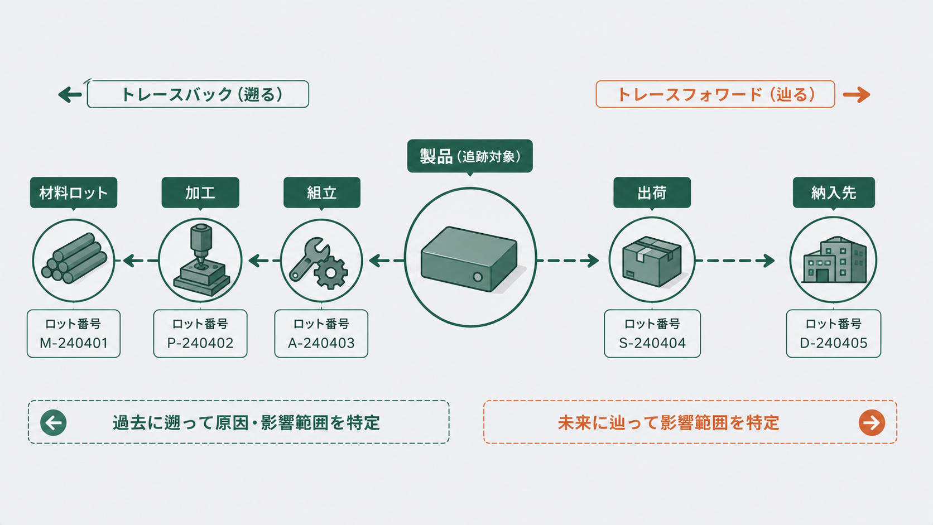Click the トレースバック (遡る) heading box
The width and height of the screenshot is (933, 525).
click(198, 94)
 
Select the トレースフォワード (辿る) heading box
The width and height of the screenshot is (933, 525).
click(715, 94)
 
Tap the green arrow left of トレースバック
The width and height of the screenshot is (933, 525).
click(70, 94)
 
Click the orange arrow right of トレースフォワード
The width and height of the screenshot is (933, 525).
click(857, 94)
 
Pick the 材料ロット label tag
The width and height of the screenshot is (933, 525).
click(73, 193)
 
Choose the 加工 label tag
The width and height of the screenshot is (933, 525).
click(200, 193)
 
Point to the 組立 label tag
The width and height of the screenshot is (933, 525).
click(321, 193)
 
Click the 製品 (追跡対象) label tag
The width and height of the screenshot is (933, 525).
click(470, 157)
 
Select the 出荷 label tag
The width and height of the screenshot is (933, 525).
click(652, 193)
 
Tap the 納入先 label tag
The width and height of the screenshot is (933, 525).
click(834, 193)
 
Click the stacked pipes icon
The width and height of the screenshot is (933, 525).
click(74, 258)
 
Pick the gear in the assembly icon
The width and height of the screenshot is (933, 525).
click(331, 273)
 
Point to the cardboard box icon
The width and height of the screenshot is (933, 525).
click(652, 261)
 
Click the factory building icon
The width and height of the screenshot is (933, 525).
click(834, 260)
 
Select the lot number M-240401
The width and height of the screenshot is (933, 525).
click(74, 343)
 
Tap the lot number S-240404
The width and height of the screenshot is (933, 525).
click(652, 343)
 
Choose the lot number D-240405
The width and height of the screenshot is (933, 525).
click(834, 343)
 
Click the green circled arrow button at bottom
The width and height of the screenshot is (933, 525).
click(54, 422)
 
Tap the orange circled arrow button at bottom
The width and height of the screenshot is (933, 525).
click(872, 422)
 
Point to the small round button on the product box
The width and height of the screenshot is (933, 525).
click(478, 277)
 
